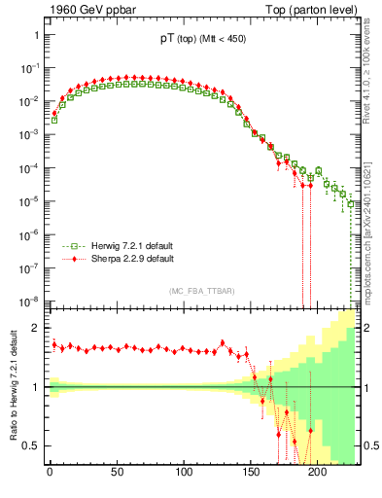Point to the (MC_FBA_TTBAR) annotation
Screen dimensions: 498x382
199,292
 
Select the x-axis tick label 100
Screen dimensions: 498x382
183,476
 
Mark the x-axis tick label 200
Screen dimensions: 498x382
317,476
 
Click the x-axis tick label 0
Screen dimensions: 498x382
50,476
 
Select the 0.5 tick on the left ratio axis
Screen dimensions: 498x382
29,446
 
